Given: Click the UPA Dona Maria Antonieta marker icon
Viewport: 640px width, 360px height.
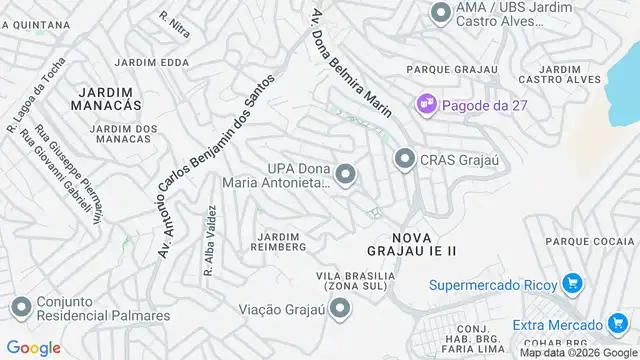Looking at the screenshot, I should [346, 176].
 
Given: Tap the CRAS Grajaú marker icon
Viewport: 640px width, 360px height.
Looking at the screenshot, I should [405, 159].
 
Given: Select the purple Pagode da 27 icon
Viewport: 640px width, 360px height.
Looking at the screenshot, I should [427, 103].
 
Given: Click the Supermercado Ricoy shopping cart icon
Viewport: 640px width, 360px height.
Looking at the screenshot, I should [571, 284].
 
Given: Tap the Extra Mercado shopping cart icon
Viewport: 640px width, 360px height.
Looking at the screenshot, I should [614, 324].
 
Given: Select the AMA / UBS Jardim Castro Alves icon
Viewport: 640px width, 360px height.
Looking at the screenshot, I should [440, 14].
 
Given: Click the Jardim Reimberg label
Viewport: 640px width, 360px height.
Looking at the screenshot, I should [277, 240].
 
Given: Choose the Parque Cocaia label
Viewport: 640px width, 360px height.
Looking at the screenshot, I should [591, 241].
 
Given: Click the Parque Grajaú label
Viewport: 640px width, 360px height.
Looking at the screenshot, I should [450, 69].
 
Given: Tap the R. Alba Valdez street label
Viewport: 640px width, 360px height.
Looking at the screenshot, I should [210, 240].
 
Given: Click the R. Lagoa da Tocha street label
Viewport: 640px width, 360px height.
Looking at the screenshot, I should [35, 101].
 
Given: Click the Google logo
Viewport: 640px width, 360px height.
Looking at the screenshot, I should [34, 347].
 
